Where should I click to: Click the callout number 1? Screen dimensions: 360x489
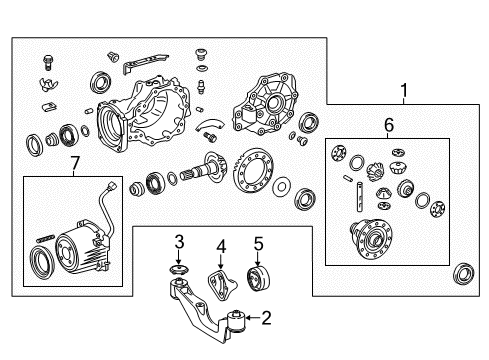point(405,92)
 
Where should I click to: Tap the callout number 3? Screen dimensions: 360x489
point(179,241)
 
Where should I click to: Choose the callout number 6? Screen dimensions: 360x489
point(389,127)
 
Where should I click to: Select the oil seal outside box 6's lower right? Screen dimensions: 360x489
point(464,273)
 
